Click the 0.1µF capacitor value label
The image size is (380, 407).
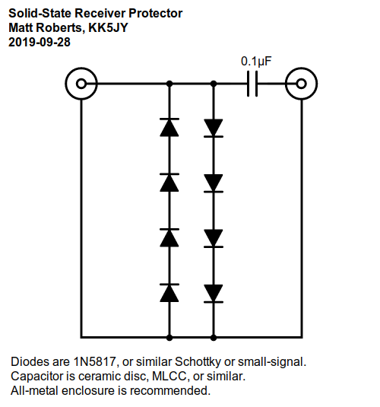(x=256, y=62)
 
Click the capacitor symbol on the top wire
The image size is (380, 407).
(x=252, y=84)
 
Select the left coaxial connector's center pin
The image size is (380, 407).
(x=81, y=84)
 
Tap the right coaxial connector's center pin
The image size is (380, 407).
(x=301, y=84)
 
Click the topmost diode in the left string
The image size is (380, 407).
(x=169, y=127)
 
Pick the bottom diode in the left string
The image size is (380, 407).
(x=169, y=293)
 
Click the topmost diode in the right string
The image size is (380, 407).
(x=214, y=128)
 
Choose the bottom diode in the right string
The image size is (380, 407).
(x=214, y=294)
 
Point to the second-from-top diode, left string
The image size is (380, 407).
(x=169, y=183)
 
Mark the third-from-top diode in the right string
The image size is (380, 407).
(x=214, y=238)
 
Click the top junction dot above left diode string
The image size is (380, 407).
(x=169, y=84)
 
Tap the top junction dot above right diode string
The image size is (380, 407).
(x=214, y=84)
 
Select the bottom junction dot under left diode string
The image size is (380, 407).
(x=169, y=338)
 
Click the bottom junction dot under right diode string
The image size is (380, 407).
(x=214, y=338)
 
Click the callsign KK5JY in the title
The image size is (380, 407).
(x=108, y=28)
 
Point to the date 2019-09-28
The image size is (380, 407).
(x=40, y=42)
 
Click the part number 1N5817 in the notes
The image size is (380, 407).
(x=95, y=362)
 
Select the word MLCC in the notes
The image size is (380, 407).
(x=169, y=377)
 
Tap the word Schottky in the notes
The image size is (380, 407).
(x=198, y=362)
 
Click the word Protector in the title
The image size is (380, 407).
(x=156, y=13)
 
